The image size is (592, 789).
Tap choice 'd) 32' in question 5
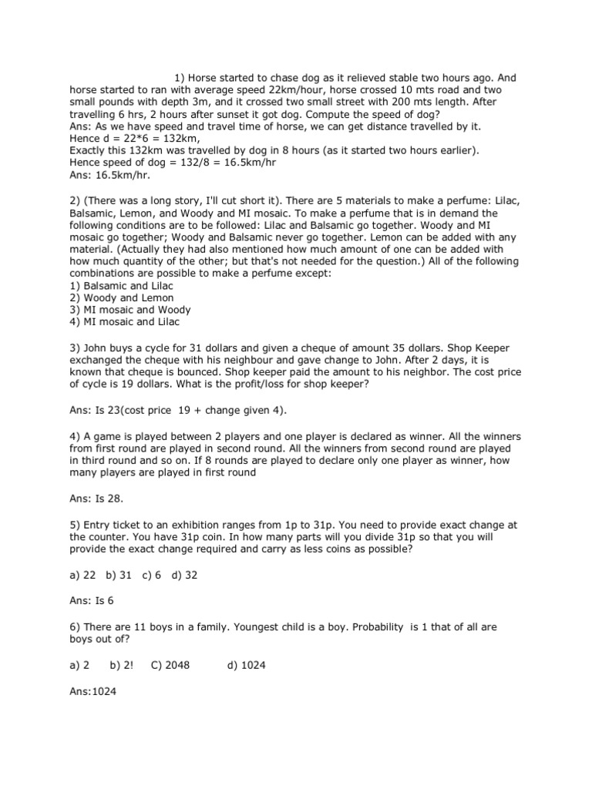[x=186, y=576]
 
